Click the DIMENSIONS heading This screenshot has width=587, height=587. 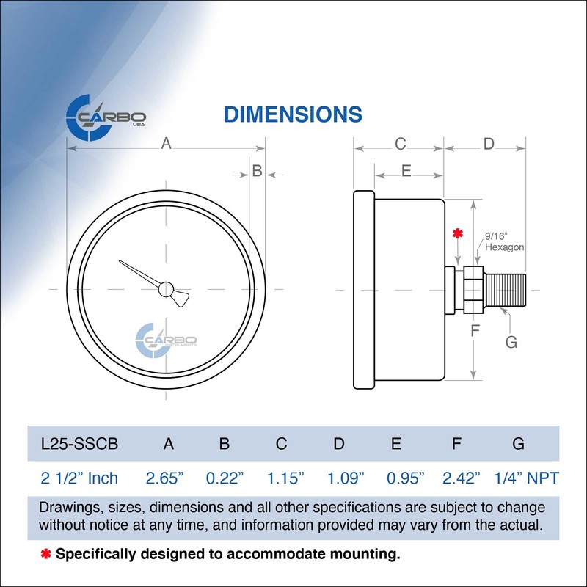click(292, 114)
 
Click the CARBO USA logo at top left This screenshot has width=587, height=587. click(106, 117)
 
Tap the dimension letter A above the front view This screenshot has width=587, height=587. click(167, 145)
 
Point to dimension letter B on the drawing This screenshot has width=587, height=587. click(257, 171)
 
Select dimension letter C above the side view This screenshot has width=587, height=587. click(400, 144)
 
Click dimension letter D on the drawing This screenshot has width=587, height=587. click(489, 144)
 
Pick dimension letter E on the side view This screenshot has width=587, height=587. click(406, 171)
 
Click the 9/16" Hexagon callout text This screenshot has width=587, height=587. click(504, 242)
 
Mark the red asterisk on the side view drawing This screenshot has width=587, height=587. click(458, 235)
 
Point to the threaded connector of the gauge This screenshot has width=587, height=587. click(506, 290)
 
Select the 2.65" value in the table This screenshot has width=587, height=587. click(165, 478)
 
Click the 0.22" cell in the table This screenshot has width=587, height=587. click(225, 478)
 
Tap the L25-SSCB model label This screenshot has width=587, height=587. click(79, 443)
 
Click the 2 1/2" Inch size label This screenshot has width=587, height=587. click(79, 478)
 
